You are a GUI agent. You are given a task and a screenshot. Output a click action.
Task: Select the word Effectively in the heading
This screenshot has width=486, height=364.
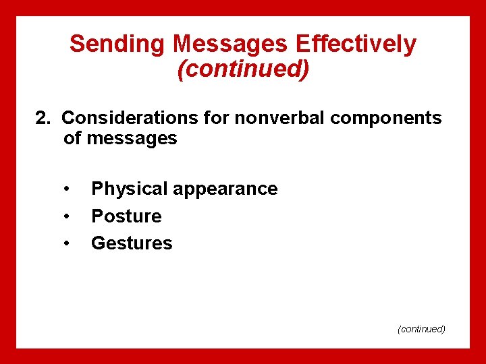[x=357, y=44]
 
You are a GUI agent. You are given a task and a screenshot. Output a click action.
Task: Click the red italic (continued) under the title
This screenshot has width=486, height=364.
[x=243, y=69]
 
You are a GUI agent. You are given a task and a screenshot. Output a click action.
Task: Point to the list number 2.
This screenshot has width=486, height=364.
[x=43, y=118]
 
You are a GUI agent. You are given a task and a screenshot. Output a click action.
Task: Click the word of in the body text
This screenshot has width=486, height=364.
[x=72, y=139]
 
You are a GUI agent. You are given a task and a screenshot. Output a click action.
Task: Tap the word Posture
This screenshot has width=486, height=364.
[x=126, y=216]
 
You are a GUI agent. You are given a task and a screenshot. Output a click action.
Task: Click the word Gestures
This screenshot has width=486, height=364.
[x=132, y=243]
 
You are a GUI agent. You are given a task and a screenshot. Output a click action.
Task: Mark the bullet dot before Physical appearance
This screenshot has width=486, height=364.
[x=67, y=189]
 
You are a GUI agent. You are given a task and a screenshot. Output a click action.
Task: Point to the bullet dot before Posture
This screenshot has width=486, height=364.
[x=67, y=216]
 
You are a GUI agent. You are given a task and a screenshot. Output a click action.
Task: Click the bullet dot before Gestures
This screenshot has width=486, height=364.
[x=67, y=243]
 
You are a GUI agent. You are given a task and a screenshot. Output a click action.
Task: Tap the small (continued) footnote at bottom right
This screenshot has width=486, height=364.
[x=421, y=329]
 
